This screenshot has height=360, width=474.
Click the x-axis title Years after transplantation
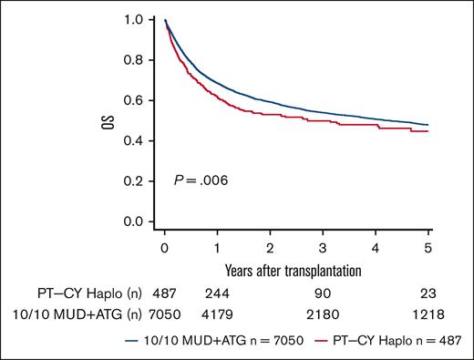coord(296,270)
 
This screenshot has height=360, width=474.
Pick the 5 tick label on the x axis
coord(429,247)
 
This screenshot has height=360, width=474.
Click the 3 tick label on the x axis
coord(323,247)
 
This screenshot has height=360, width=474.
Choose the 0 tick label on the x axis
coord(164,247)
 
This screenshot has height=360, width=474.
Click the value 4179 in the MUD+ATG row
coord(217,315)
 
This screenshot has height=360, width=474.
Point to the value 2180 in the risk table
coord(323,315)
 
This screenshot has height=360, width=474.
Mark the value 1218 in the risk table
coord(429,315)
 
